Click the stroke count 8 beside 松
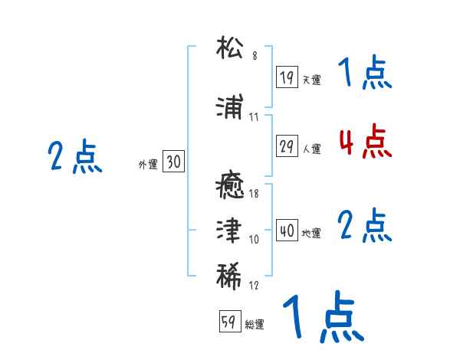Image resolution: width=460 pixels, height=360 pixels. (x=255, y=57)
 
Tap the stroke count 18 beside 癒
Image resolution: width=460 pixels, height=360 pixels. (x=255, y=194)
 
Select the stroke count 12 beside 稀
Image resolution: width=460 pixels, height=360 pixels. (x=255, y=286)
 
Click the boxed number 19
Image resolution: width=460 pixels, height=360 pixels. (x=287, y=77)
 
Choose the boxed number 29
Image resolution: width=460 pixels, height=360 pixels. (x=287, y=147)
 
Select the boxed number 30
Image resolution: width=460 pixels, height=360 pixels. (x=173, y=162)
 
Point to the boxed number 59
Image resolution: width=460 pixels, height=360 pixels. (x=229, y=322)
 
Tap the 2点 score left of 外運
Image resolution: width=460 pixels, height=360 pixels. (x=74, y=156)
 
